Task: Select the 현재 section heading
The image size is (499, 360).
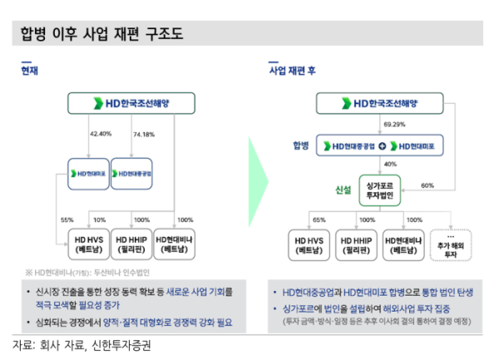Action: point(30,72)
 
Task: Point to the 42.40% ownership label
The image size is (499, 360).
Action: point(101,133)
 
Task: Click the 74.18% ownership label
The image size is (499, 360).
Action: point(143,133)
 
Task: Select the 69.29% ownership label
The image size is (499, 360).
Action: point(393,125)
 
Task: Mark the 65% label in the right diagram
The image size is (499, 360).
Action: point(319,219)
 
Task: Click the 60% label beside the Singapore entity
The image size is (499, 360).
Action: point(427,185)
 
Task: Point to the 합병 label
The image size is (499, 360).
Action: point(300,145)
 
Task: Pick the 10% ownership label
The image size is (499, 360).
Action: point(101,219)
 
